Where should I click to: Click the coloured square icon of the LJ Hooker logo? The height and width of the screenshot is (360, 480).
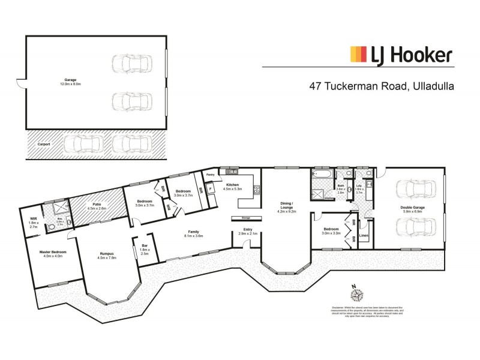pyautogui.click(x=358, y=55)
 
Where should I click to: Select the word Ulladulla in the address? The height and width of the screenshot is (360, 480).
pyautogui.click(x=431, y=86)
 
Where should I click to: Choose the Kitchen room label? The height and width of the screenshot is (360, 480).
pyautogui.click(x=233, y=187)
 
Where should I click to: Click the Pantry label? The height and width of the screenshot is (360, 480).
pyautogui.click(x=210, y=175)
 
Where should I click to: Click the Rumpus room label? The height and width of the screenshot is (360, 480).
pyautogui.click(x=108, y=255)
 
